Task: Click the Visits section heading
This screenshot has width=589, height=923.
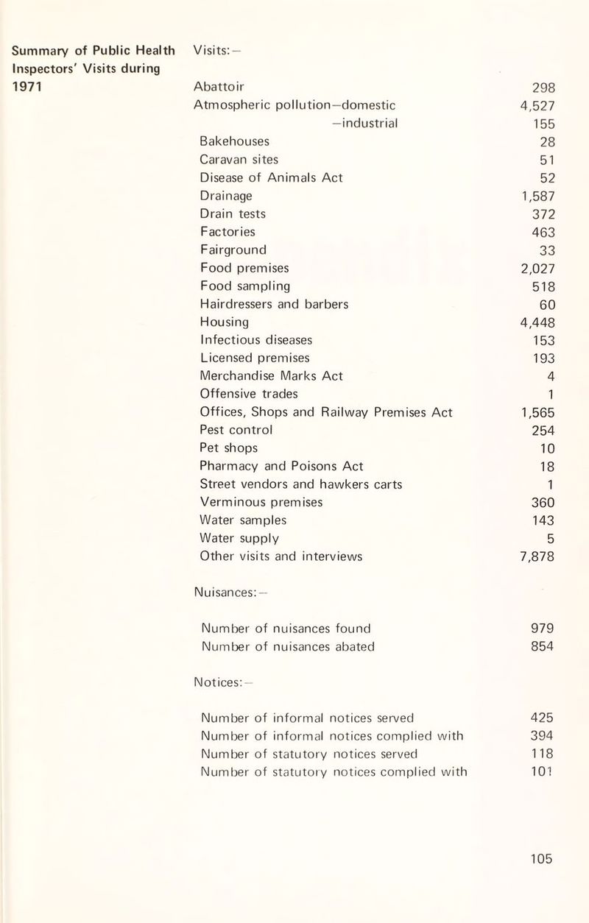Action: coord(214,51)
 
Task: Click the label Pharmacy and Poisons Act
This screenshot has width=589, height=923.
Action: coord(281,466)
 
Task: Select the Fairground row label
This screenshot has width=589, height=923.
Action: coord(233,249)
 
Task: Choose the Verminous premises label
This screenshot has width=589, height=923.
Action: coord(261,502)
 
